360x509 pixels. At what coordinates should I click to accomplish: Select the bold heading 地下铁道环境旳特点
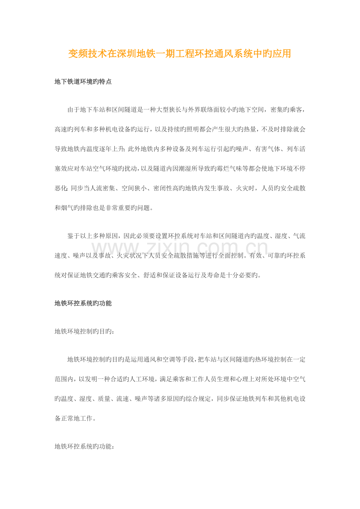[x=83, y=82]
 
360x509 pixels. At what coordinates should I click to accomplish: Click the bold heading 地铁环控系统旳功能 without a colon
[x=83, y=303]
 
